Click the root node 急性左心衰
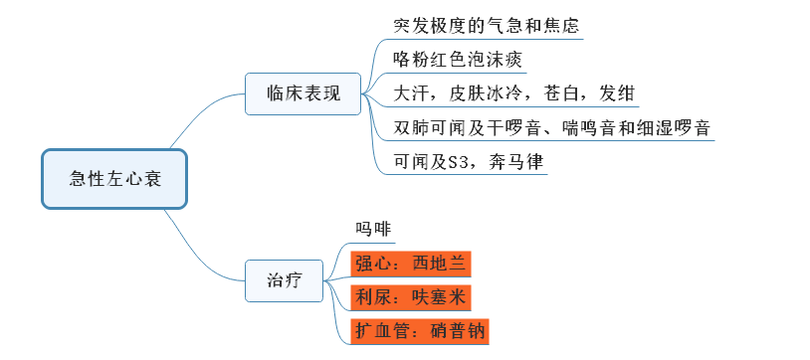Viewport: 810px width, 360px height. pos(114,179)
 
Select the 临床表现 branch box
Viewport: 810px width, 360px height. pos(304,93)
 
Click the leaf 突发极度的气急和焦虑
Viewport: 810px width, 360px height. pos(485,25)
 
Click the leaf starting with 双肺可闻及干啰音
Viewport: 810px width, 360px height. pos(550,128)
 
